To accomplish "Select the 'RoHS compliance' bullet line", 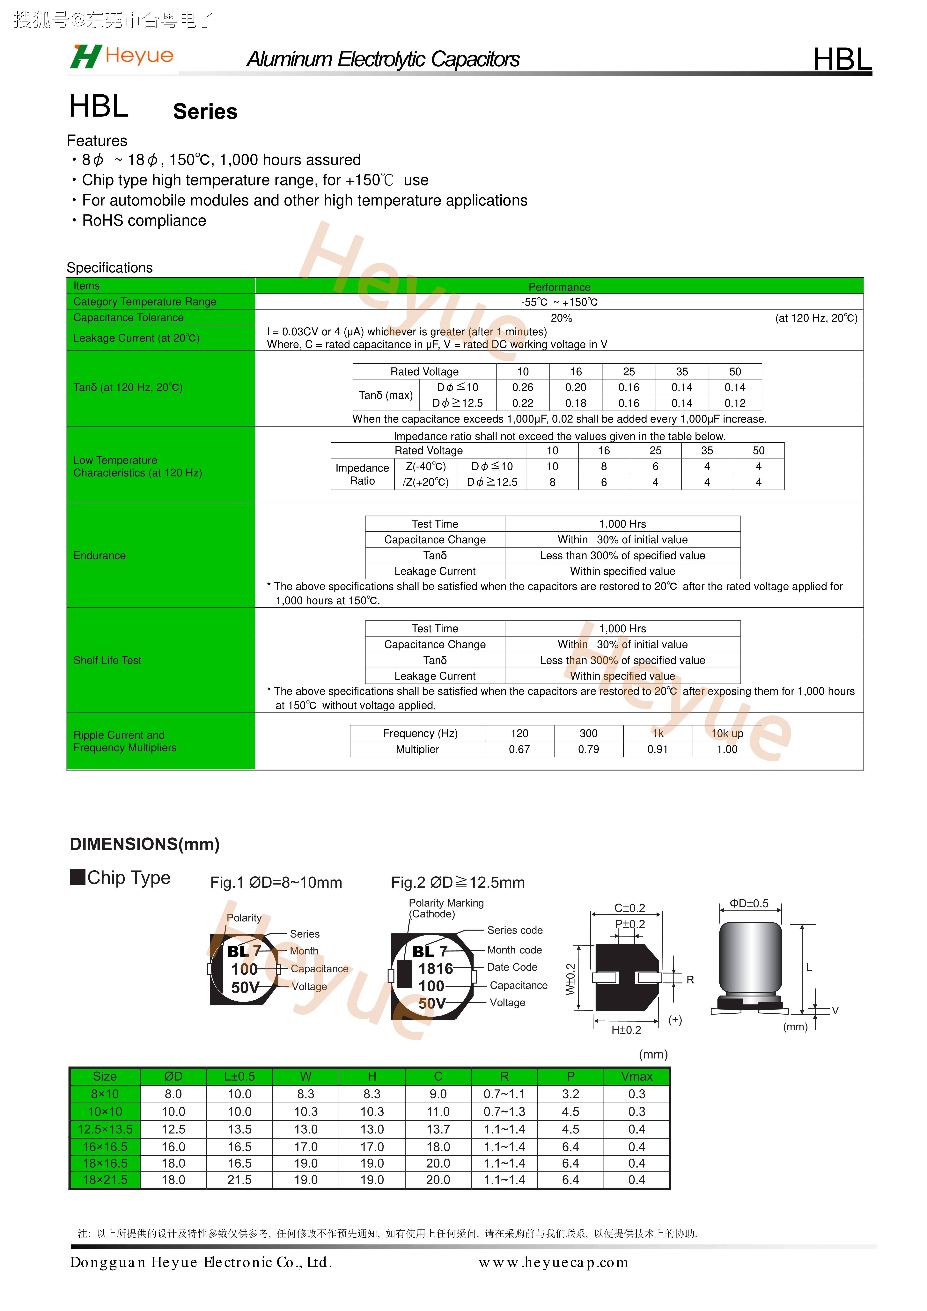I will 144,221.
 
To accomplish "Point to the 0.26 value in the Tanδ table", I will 523,387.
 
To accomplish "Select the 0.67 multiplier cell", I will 519,749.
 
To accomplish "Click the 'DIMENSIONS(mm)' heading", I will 144,844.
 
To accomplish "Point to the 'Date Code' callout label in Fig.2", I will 512,967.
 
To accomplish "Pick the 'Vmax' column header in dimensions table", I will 636,1076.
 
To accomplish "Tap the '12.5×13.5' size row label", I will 105,1129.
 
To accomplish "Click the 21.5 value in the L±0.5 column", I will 239,1180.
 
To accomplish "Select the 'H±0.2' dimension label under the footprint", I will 626,1030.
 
